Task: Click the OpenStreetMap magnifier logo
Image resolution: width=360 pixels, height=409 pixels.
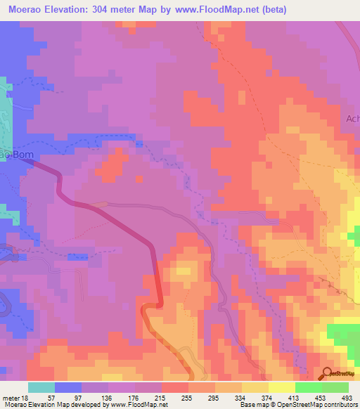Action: (328, 375)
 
